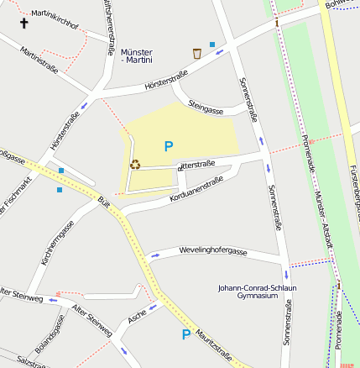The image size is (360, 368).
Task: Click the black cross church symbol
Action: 23,23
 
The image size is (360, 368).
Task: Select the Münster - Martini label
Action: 137,56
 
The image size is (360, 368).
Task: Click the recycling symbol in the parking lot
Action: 135,165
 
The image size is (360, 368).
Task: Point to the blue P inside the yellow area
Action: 168,146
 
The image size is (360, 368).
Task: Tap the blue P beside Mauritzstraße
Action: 186,334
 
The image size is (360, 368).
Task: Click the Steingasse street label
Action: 206,109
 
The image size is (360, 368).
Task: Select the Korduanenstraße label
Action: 196,189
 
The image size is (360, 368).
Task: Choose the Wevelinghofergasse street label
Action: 212,251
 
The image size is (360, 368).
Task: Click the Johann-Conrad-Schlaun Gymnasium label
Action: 257,292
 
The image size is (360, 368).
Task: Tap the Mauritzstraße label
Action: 215,345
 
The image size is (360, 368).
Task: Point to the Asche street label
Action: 138,316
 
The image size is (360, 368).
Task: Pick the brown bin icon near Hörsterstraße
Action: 197,54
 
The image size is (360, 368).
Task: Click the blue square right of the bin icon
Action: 212,45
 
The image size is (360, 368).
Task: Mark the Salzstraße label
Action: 30,360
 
